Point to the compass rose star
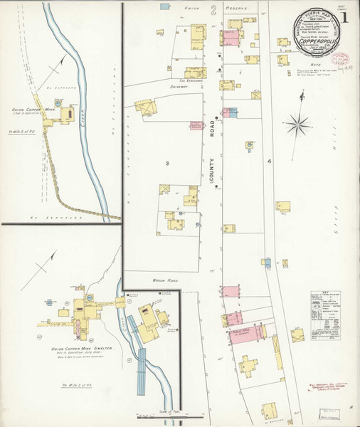point(297,125)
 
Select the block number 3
point(167,164)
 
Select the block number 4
point(270,162)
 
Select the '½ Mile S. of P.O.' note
point(21,132)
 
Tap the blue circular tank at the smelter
point(90,295)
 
